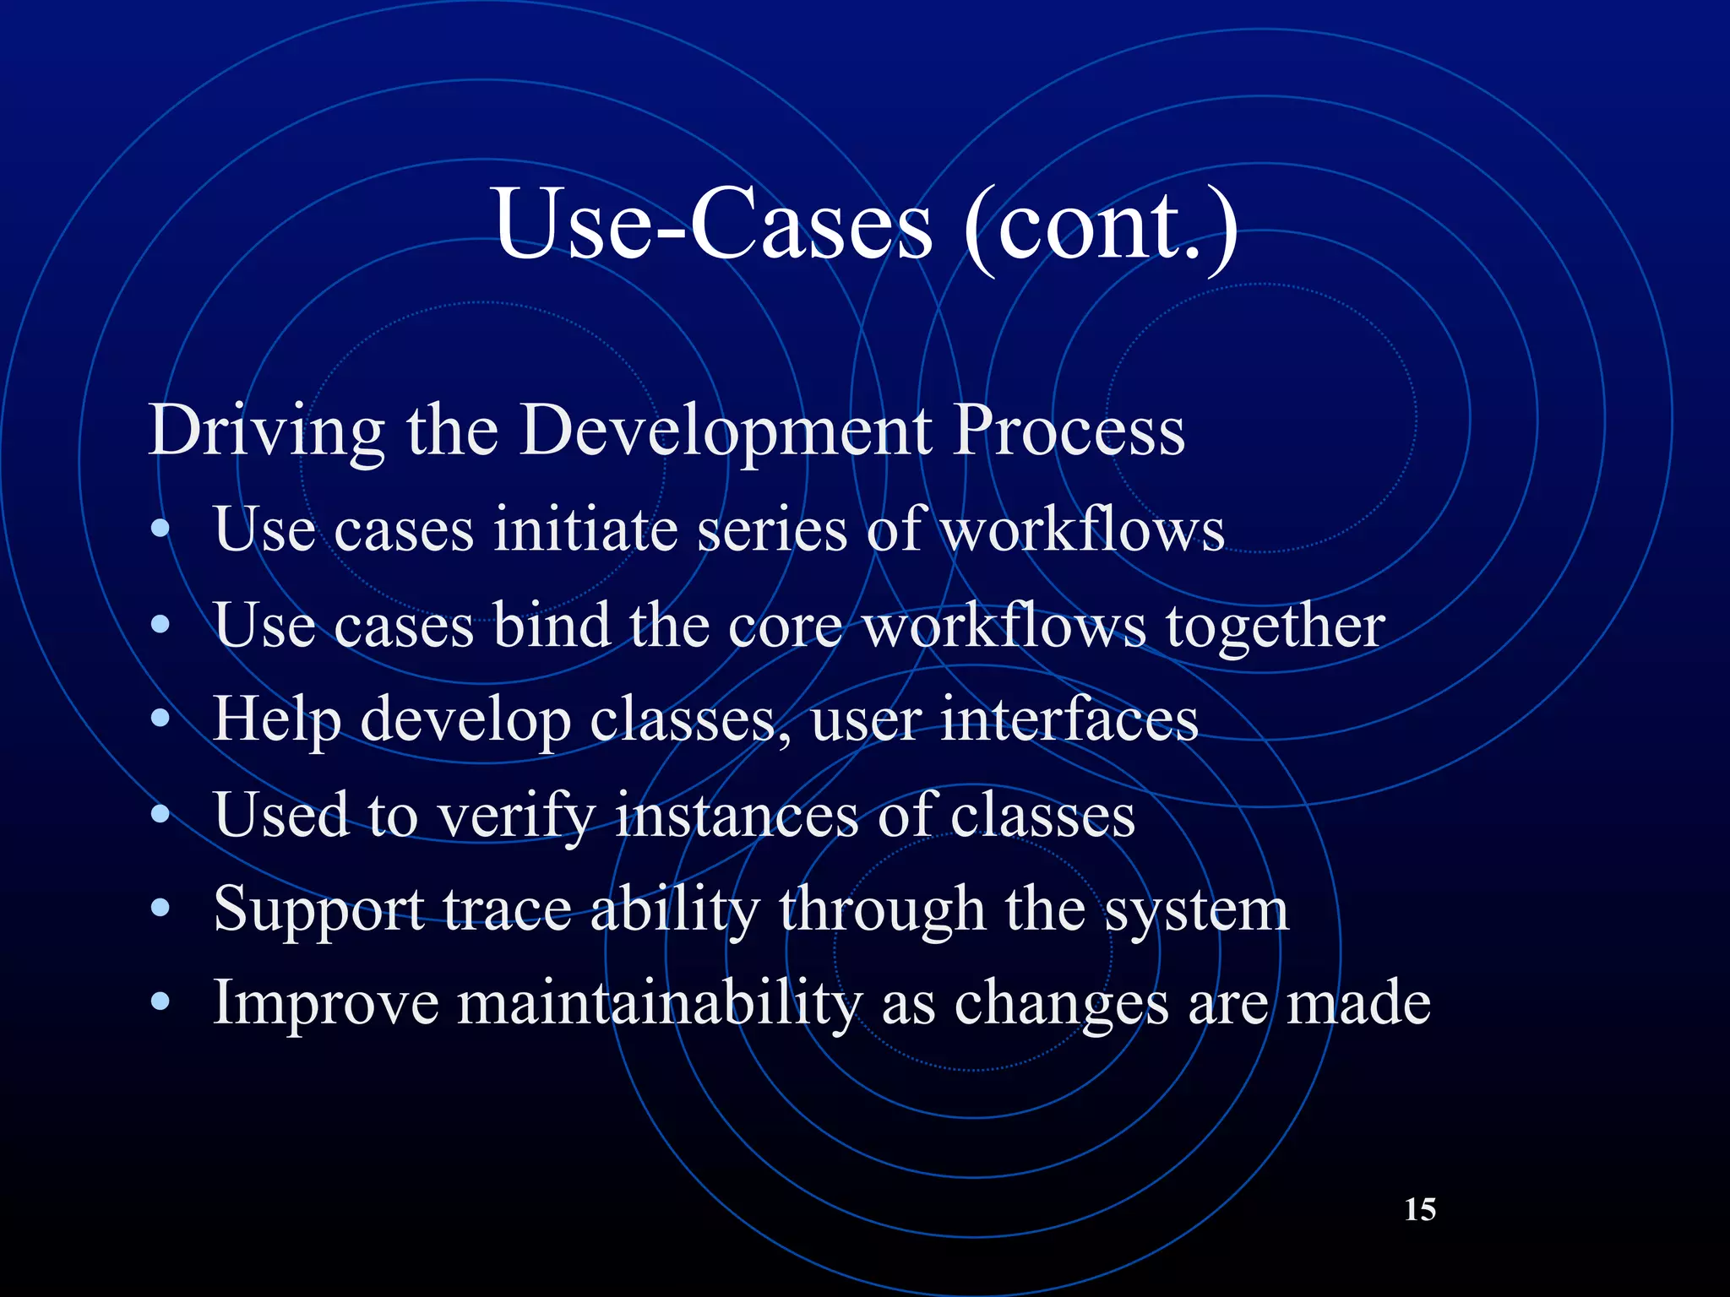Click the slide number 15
tap(1419, 1209)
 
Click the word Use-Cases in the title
tap(712, 224)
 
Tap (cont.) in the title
tap(1100, 225)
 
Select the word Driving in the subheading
tap(266, 431)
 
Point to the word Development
tap(725, 431)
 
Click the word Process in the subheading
tap(1069, 431)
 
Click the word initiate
tap(586, 530)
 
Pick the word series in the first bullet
tap(771, 530)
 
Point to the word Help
tap(277, 720)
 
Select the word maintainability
tap(660, 1005)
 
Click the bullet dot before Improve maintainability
tap(160, 1003)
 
